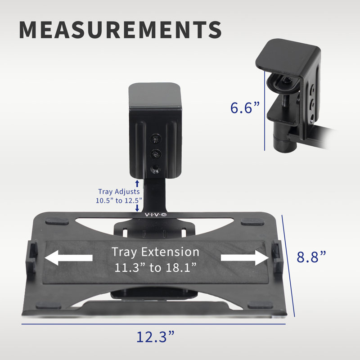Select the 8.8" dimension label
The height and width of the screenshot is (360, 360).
pos(311,257)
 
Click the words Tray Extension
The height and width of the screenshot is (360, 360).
pos(155,252)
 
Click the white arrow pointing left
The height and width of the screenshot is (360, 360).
pos(68,258)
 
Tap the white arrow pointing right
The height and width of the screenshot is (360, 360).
pos(243,258)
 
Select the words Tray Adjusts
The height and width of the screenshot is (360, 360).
pos(119,192)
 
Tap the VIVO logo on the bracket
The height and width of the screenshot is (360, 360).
pos(155,215)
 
